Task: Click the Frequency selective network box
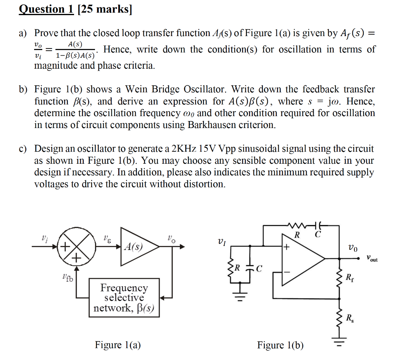[124, 298]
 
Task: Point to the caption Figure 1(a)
[118, 345]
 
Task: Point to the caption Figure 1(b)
[280, 345]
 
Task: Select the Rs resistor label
[349, 319]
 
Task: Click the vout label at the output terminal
[372, 258]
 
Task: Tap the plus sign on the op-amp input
[287, 247]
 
